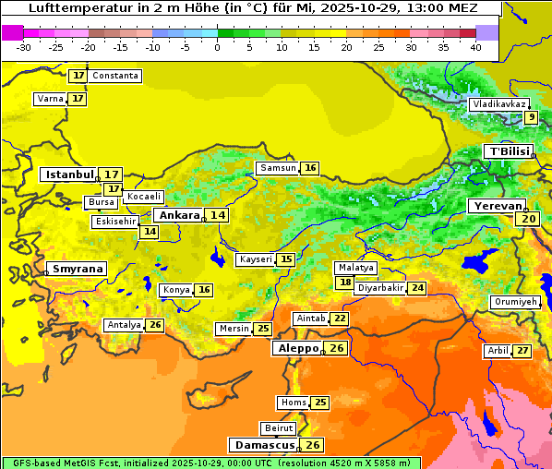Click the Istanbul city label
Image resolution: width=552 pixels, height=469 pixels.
click(69, 174)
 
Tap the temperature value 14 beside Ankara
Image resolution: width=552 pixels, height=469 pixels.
click(218, 215)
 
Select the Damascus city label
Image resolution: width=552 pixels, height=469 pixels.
click(263, 445)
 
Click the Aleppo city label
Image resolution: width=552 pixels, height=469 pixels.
click(296, 348)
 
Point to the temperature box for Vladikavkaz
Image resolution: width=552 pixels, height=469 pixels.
click(531, 117)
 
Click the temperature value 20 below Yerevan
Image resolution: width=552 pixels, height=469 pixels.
click(528, 219)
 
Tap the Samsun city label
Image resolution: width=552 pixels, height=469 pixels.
click(277, 168)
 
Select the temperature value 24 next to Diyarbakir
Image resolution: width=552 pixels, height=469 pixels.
click(417, 288)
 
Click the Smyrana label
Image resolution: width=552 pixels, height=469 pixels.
click(77, 269)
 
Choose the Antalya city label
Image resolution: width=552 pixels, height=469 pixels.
click(124, 325)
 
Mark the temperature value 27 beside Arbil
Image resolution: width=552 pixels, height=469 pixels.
click(522, 351)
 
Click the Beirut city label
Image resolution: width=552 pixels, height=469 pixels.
click(279, 428)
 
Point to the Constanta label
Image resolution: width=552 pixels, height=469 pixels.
click(116, 76)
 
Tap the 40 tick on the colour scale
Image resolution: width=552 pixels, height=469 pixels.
click(475, 46)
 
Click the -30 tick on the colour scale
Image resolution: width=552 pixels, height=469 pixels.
click(24, 46)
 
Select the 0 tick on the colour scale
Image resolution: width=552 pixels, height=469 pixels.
click(217, 46)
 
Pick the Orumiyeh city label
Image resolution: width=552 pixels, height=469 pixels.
click(513, 302)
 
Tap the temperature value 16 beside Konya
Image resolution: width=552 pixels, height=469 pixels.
click(204, 290)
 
